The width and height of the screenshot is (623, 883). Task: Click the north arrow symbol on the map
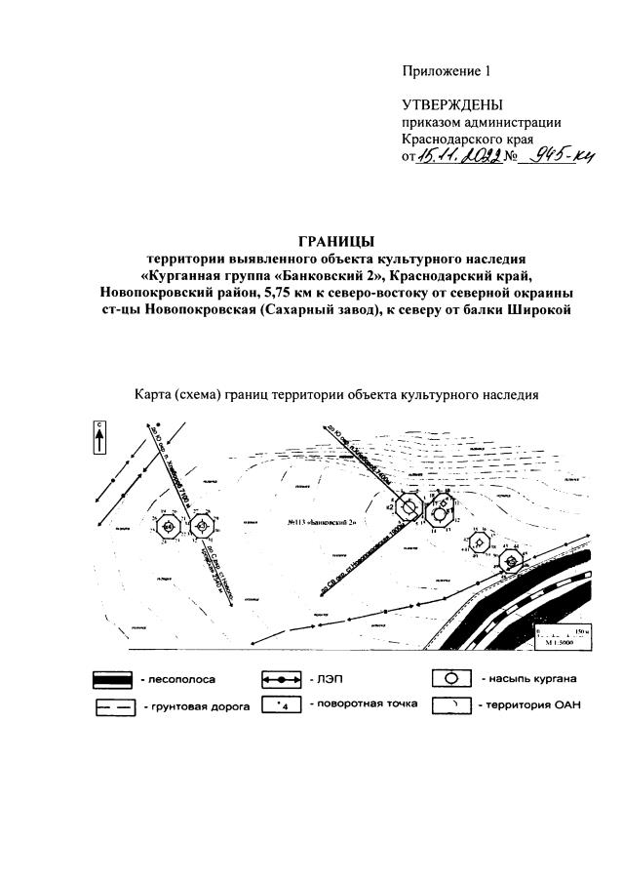point(99,435)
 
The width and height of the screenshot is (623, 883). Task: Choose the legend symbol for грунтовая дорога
point(114,705)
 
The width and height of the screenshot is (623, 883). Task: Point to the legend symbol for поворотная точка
point(285,704)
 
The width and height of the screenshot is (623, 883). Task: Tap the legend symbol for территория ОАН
point(453,705)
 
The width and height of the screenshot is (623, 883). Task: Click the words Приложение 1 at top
point(441,70)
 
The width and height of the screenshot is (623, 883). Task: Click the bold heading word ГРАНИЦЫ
point(336,242)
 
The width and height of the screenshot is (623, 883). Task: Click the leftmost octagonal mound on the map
point(170,527)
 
